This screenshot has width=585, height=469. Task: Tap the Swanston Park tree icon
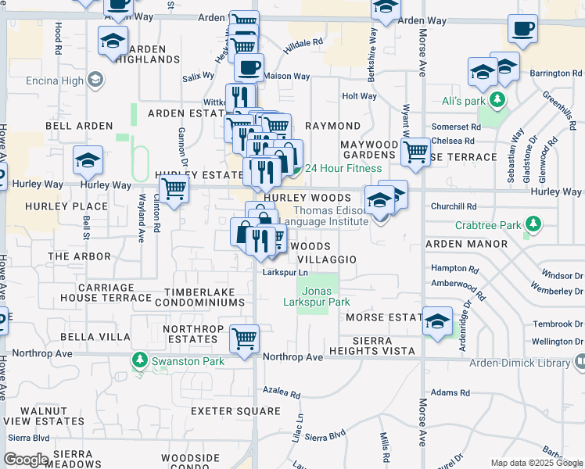[140, 360]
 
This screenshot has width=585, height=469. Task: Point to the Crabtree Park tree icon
[533, 225]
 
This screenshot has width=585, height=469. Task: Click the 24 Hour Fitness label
[343, 168]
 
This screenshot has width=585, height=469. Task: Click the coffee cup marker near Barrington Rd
[522, 29]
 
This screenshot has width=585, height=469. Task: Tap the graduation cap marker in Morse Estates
[437, 320]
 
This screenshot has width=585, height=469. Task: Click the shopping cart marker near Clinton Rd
[173, 188]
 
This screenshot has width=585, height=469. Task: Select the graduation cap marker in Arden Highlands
[113, 40]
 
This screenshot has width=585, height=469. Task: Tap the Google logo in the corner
[25, 460]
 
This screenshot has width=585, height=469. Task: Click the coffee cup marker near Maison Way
[249, 67]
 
